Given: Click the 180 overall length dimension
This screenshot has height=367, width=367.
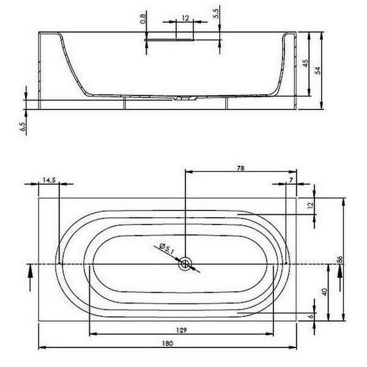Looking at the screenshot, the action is (168, 343).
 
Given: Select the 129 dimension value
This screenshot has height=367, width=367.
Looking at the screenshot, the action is (182, 330).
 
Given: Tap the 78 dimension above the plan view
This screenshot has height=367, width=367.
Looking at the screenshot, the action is (240, 168).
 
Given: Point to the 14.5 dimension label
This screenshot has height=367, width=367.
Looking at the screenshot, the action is (49, 180).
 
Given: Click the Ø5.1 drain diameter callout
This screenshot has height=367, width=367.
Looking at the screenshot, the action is (166, 248).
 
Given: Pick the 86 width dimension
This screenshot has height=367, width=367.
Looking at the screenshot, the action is (340, 259).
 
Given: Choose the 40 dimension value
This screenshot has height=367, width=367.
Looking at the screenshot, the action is (325, 292).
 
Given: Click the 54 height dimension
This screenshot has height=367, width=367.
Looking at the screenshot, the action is (317, 70).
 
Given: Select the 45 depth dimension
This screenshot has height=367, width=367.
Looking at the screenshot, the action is (305, 63).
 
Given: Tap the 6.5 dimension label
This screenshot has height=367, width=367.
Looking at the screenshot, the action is (23, 127).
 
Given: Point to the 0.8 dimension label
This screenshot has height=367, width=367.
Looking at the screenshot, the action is (143, 19).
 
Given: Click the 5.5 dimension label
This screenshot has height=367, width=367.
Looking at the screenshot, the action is (216, 13).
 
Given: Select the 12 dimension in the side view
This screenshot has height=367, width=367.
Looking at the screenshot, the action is (185, 18).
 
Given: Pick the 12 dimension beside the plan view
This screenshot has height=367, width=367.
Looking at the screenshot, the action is (311, 206).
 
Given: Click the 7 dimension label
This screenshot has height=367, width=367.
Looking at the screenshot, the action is (291, 180).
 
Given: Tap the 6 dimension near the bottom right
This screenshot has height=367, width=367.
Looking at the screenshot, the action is (311, 316).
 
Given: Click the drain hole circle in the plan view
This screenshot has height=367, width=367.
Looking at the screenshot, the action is (185, 264).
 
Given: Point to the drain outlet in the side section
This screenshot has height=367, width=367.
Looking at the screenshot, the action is (185, 98).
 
